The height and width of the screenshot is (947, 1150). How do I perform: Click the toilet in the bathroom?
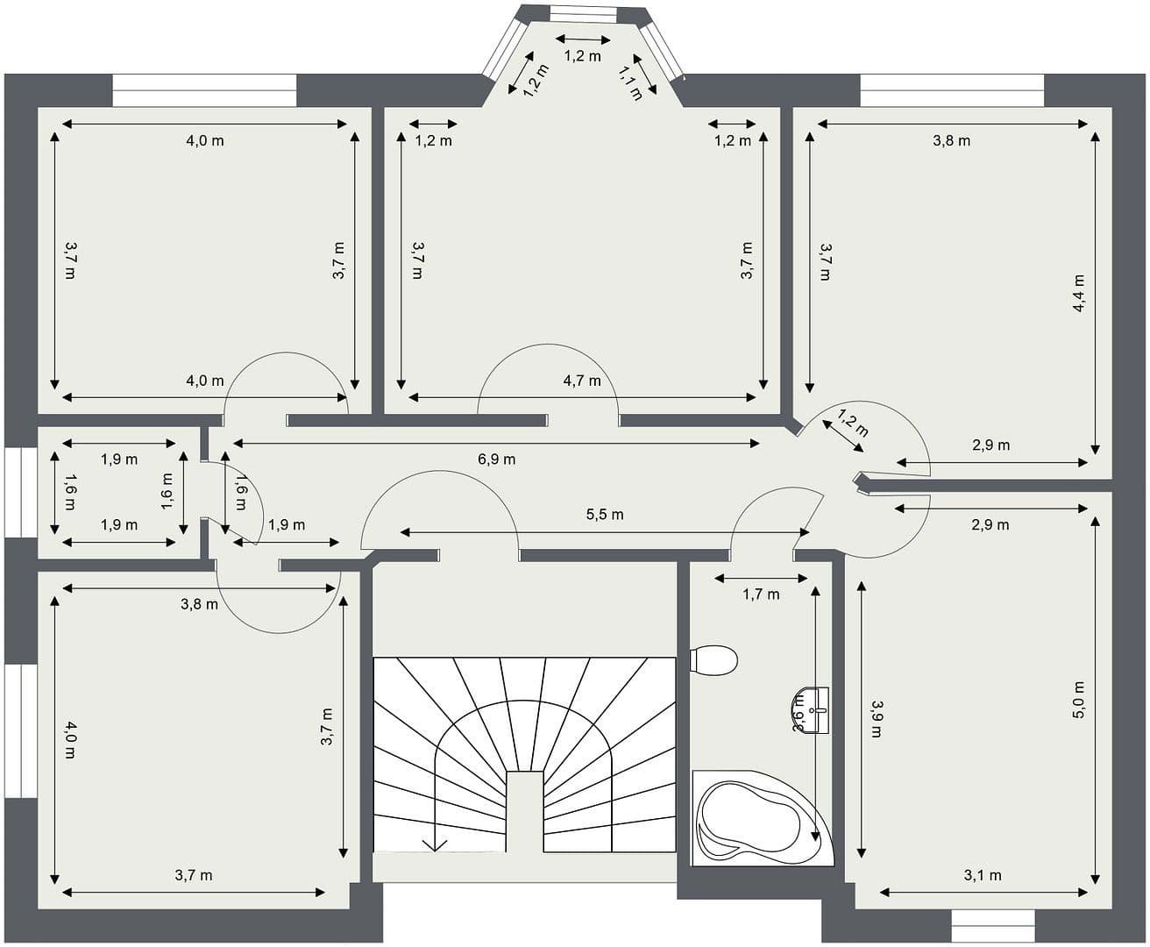(713, 660)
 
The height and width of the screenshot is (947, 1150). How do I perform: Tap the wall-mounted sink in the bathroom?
(819, 709)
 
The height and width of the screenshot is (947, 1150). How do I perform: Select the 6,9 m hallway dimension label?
(497, 459)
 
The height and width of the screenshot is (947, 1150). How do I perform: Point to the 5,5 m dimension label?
(605, 515)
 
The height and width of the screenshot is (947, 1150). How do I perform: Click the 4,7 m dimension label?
(582, 381)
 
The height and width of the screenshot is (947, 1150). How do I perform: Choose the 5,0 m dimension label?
(1079, 700)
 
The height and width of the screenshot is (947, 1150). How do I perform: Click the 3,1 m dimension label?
(983, 875)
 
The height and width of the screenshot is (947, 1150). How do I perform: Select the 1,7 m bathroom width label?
(761, 595)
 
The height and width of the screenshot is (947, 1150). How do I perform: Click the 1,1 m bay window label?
(631, 82)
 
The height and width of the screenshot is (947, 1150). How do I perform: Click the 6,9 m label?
(497, 459)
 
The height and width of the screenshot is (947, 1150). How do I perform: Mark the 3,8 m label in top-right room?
(951, 140)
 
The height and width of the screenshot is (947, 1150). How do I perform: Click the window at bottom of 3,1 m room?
(993, 925)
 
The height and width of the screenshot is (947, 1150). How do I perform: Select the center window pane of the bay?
(583, 14)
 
